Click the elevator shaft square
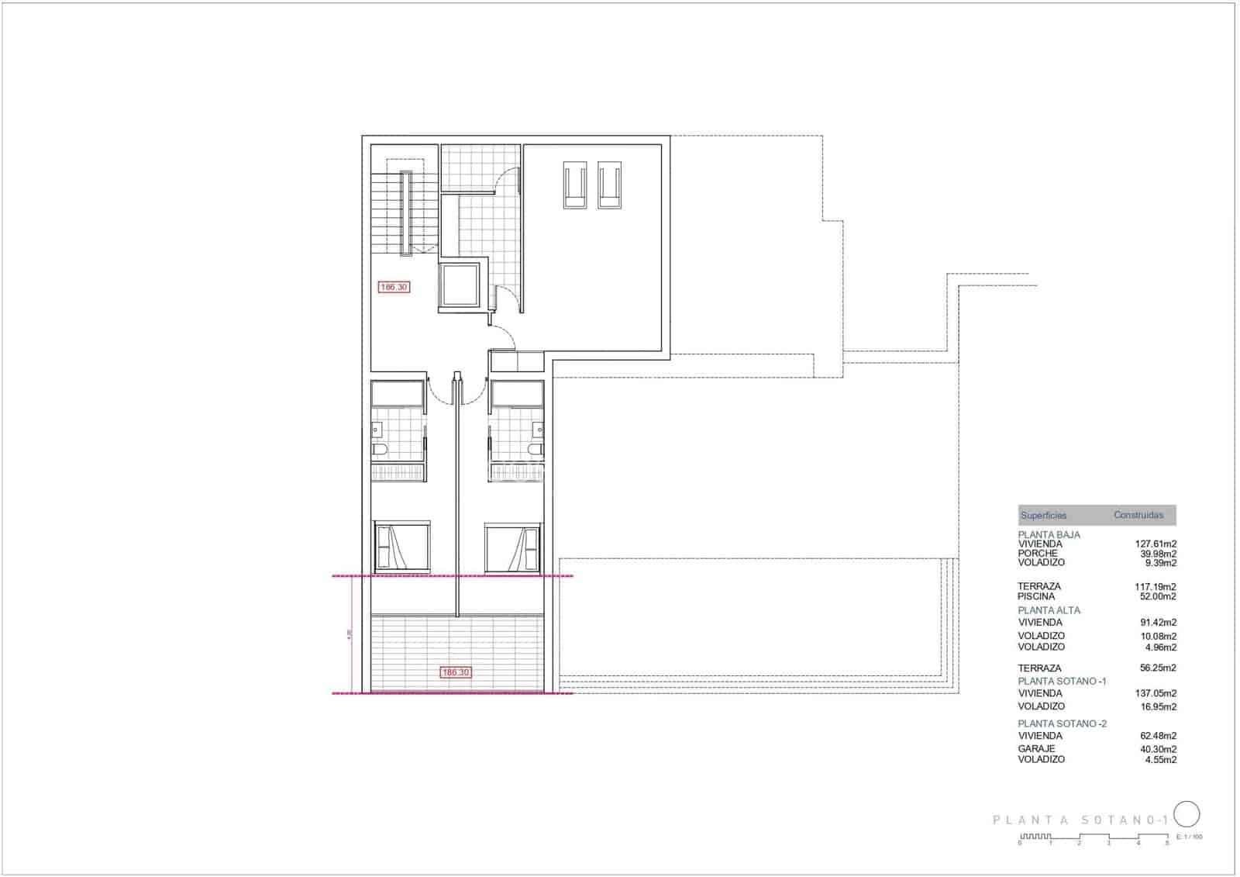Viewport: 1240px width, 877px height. click(460, 286)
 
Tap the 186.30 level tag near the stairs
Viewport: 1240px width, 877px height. click(394, 287)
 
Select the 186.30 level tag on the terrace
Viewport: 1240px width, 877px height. click(455, 672)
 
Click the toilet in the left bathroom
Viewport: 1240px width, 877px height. click(380, 449)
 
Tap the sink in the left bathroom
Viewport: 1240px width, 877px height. click(377, 429)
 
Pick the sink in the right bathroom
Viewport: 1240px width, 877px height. click(537, 429)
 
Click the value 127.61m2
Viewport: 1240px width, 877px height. click(1156, 544)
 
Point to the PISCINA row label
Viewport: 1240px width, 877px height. click(1036, 596)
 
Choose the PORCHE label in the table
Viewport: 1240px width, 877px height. click(1038, 554)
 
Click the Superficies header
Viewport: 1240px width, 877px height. click(1043, 515)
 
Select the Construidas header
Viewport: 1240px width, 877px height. click(1138, 515)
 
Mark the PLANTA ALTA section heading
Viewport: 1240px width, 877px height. click(1049, 610)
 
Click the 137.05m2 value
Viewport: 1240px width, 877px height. click(1156, 693)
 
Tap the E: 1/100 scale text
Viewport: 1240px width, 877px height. click(1190, 837)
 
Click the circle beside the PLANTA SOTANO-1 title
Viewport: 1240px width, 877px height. click(1187, 814)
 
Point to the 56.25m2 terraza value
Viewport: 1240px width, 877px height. click(1158, 668)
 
